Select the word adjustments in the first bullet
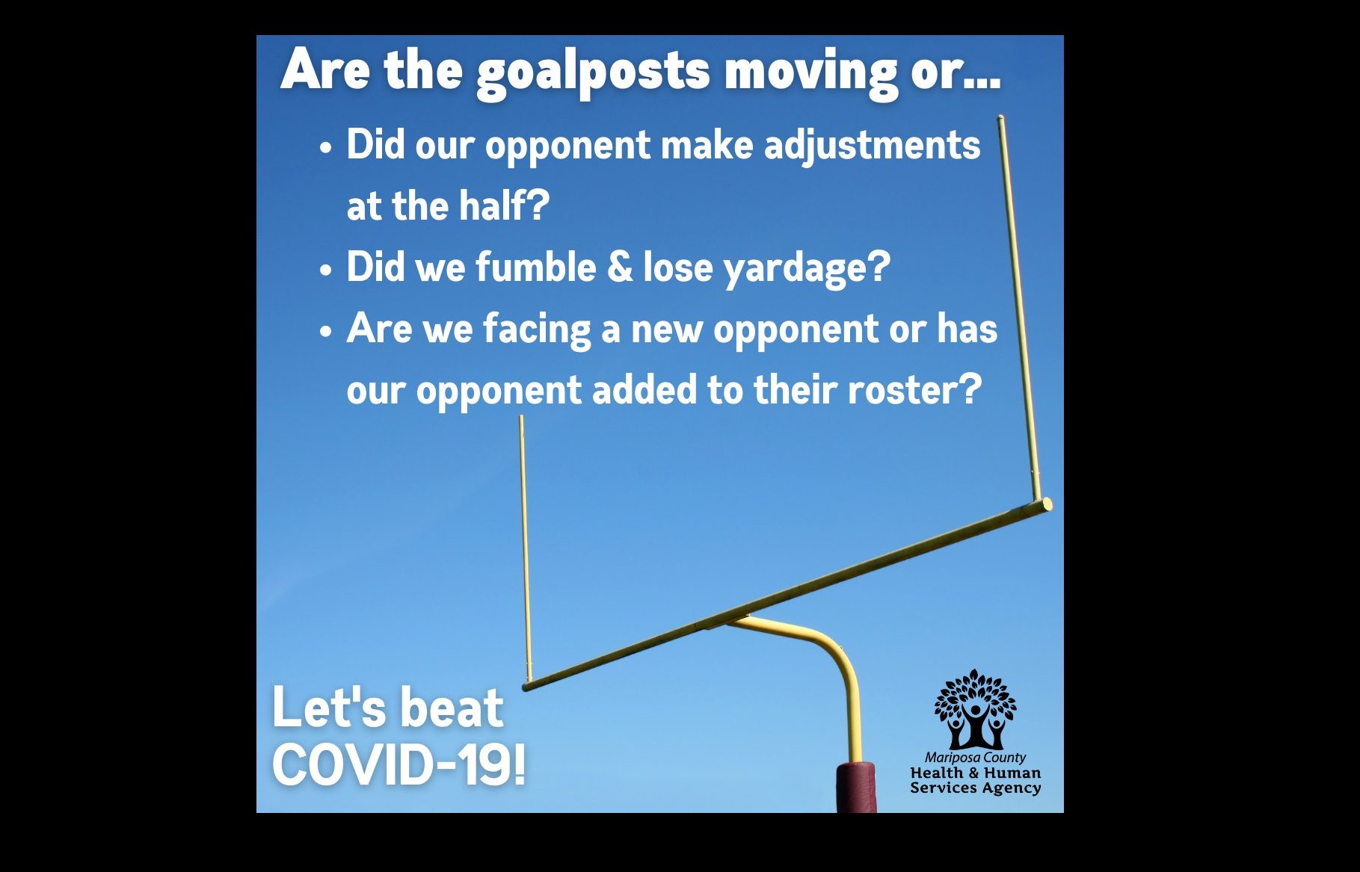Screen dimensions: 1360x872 click(x=872, y=146)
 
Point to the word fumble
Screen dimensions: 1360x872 click(x=535, y=267)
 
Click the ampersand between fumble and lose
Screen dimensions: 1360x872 click(x=620, y=267)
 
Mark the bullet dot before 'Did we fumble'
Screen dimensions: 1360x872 click(x=325, y=269)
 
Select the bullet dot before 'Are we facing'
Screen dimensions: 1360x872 click(x=325, y=330)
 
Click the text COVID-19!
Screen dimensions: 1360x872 click(x=399, y=764)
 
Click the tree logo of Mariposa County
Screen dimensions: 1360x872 click(x=975, y=709)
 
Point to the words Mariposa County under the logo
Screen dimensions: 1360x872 click(x=975, y=757)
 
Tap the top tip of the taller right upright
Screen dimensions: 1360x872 click(x=1000, y=117)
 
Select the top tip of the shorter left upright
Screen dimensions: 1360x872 click(x=521, y=418)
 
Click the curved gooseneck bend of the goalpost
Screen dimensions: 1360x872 click(x=830, y=646)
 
